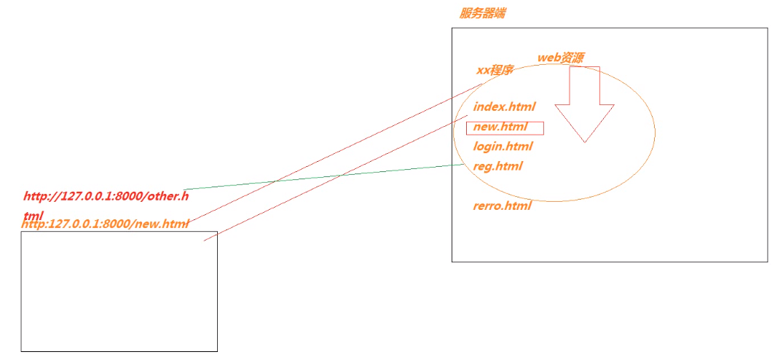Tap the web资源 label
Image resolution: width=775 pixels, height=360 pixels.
(x=560, y=58)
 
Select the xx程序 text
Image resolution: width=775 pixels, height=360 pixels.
(x=495, y=71)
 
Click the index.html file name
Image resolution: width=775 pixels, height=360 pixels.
(x=504, y=107)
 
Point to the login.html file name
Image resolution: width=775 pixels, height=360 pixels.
(x=503, y=146)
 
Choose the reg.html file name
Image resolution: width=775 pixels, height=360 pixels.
(x=497, y=166)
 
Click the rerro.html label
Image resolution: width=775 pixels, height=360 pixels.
(x=502, y=206)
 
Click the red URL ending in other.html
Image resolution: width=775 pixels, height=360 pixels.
(x=106, y=196)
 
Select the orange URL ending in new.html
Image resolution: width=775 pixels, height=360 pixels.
(x=106, y=224)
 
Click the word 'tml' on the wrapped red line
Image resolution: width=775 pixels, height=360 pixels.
(x=34, y=216)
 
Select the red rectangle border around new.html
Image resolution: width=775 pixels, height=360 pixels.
(x=543, y=128)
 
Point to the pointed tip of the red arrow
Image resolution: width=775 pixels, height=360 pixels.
(x=585, y=141)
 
